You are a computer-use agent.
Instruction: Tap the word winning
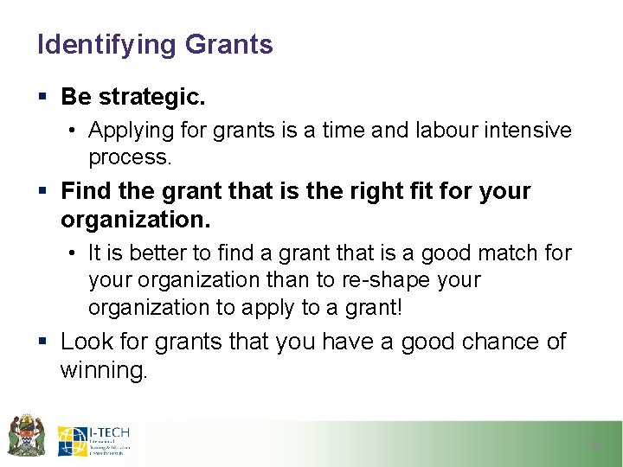pyautogui.click(x=104, y=371)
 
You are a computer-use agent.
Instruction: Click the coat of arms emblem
pyautogui.click(x=26, y=435)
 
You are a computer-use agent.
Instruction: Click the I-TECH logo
pyautogui.click(x=93, y=441)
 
